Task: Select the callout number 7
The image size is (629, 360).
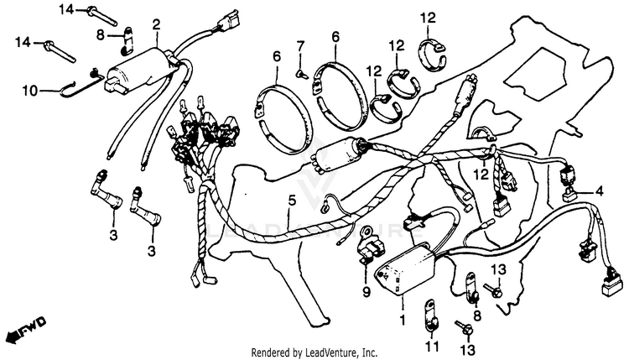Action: [x=299, y=44]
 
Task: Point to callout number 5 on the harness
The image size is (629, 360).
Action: [x=292, y=201]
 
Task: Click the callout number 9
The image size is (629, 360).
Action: [x=366, y=291]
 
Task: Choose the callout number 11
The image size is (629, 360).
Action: [x=430, y=346]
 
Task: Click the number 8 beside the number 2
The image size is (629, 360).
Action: [x=101, y=35]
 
